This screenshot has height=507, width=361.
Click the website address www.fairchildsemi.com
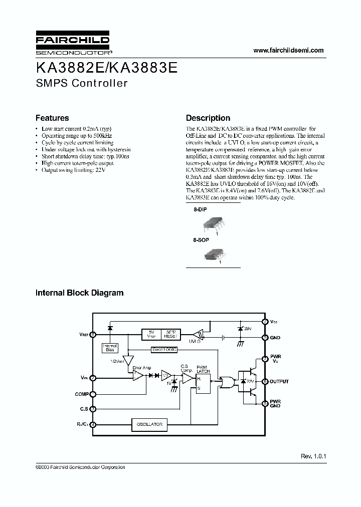[288, 51]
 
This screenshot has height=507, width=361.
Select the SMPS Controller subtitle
[81, 83]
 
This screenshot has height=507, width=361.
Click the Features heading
[52, 118]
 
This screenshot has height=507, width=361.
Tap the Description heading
[208, 118]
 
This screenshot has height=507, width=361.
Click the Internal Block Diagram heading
[79, 293]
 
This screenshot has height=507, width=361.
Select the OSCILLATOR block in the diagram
[149, 424]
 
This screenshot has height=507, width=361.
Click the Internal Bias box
[109, 347]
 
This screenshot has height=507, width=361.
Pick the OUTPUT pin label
[279, 382]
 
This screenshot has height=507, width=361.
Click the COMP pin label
[81, 394]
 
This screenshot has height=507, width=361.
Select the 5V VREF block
[151, 334]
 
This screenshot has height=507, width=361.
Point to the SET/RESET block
[171, 334]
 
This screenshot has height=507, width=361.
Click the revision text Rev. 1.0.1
[313, 456]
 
